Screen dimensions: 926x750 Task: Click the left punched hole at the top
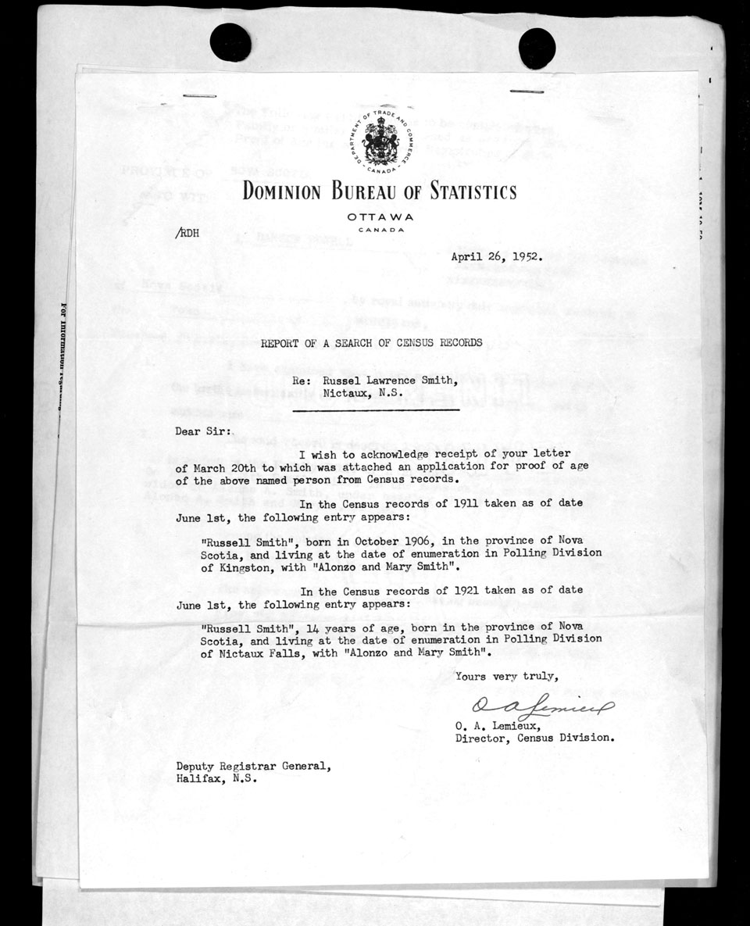[230, 42]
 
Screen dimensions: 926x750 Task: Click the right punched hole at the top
[537, 47]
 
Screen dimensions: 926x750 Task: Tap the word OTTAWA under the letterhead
[380, 216]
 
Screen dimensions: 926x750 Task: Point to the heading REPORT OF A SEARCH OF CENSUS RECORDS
[371, 342]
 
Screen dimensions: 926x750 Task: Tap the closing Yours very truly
[506, 676]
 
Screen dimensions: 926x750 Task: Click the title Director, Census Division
[534, 737]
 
